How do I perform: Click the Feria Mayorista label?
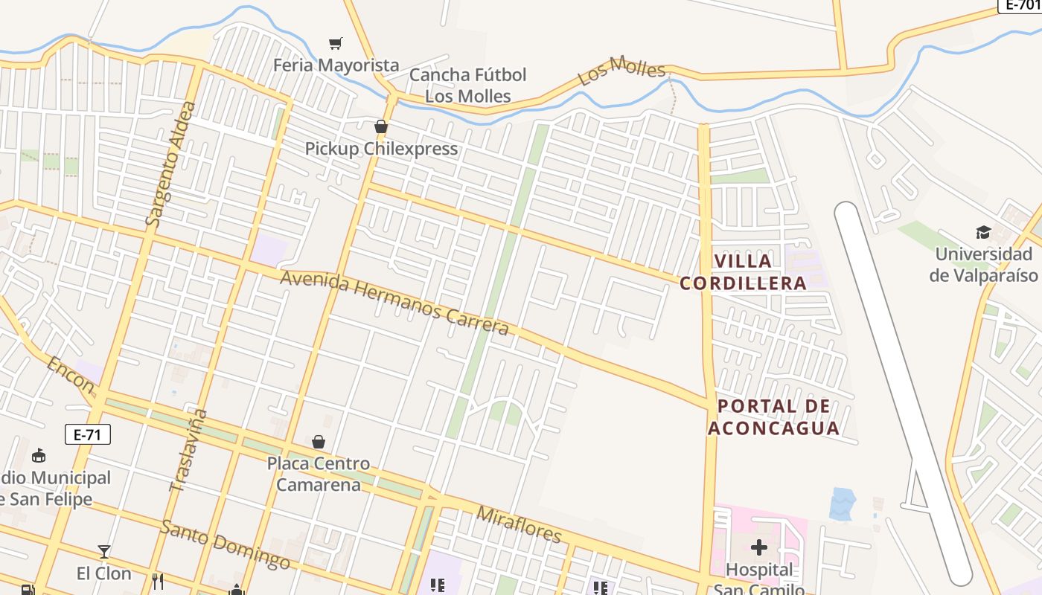coord(336,65)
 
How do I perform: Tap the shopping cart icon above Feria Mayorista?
coord(336,44)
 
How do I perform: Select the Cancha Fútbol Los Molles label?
coord(467,86)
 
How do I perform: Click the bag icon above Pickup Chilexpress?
coord(381,127)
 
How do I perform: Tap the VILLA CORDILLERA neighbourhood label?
coord(743,272)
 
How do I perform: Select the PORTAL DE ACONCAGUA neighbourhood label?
coord(773,417)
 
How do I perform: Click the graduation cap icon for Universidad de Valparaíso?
coord(983,232)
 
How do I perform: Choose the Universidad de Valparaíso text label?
coord(983,265)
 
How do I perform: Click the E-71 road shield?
coord(88,434)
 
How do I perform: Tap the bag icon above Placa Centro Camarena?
coord(319,443)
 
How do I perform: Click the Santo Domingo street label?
coord(225,544)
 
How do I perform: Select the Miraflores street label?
coord(519,524)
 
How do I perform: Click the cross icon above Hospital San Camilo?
coord(759,548)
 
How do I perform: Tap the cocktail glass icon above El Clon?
coord(104,552)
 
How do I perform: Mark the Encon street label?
coord(71,376)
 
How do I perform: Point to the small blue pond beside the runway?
coord(843,504)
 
